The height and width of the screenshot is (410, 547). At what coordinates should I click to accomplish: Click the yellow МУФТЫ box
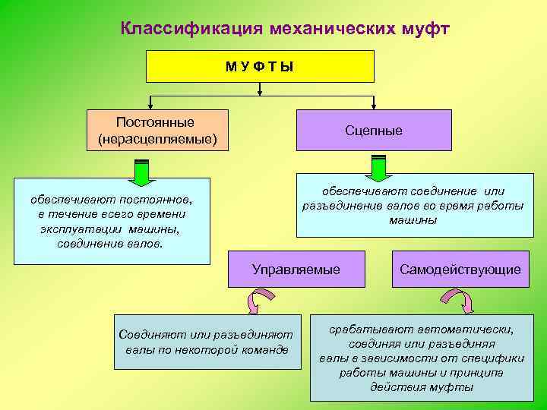pyautogui.click(x=261, y=66)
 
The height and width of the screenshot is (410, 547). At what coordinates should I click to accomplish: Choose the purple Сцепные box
pyautogui.click(x=374, y=131)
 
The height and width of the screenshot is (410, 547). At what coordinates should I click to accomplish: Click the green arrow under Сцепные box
pyautogui.click(x=378, y=169)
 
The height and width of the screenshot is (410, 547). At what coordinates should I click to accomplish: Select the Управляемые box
pyautogui.click(x=296, y=270)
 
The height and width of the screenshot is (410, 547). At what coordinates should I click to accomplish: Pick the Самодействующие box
pyautogui.click(x=460, y=270)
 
